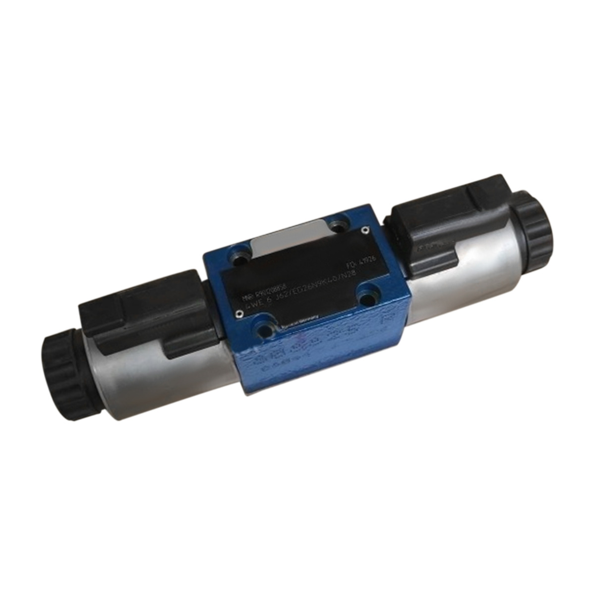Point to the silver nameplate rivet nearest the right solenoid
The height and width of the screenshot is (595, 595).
click(365, 231)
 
